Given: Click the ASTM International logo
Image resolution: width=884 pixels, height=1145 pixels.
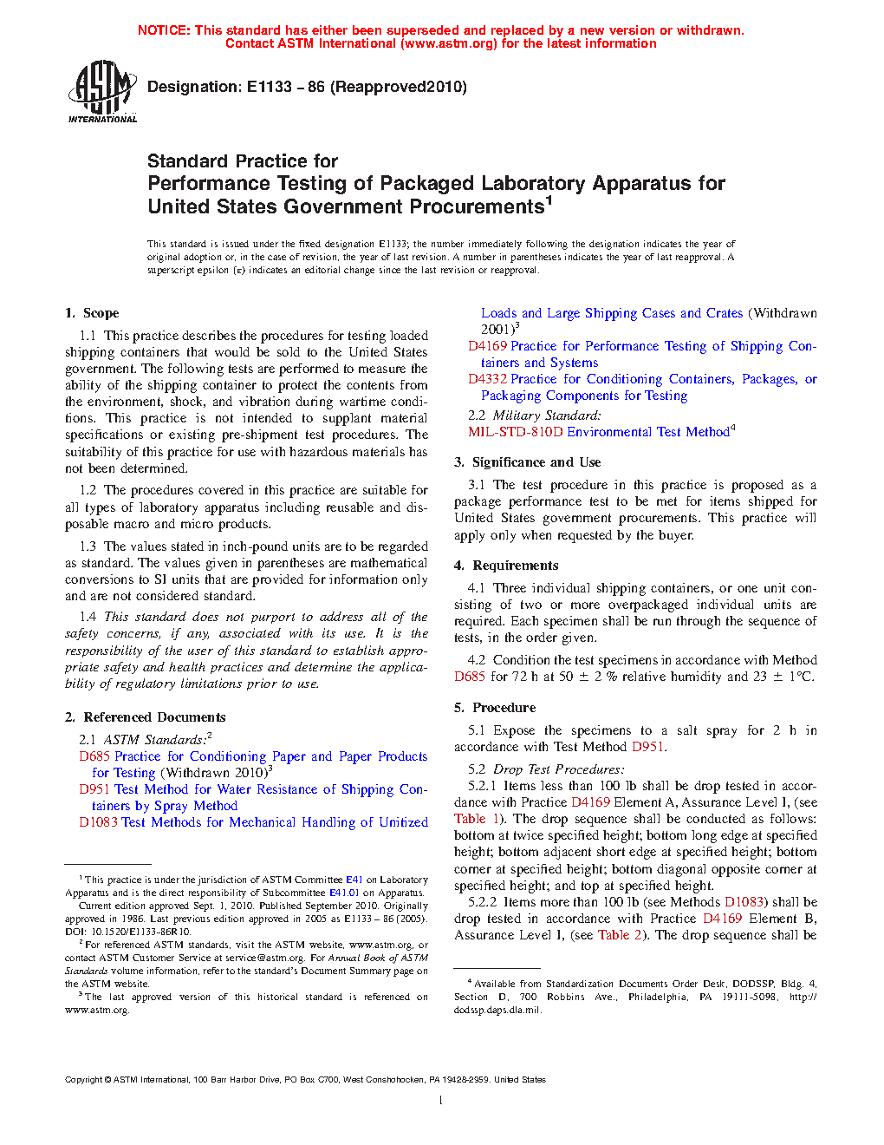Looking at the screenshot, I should click(101, 90).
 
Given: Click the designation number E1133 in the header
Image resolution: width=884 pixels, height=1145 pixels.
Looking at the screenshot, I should click(270, 87).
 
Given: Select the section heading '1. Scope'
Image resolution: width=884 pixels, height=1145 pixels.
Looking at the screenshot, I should click(92, 313).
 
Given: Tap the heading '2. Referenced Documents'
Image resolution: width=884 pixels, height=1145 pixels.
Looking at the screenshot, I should click(145, 717).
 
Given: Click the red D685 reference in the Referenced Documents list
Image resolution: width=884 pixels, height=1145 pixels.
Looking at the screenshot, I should click(94, 756).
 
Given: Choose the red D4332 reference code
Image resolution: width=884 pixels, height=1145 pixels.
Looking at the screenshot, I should click(487, 379).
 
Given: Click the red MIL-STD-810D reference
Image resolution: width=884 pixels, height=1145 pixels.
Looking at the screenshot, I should click(516, 432).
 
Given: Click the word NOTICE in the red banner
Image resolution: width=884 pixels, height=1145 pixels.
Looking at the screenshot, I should click(164, 30).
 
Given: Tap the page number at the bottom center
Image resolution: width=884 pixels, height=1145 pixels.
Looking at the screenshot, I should click(441, 1101).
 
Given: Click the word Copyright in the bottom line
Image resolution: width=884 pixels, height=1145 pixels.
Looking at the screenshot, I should click(83, 1080).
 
